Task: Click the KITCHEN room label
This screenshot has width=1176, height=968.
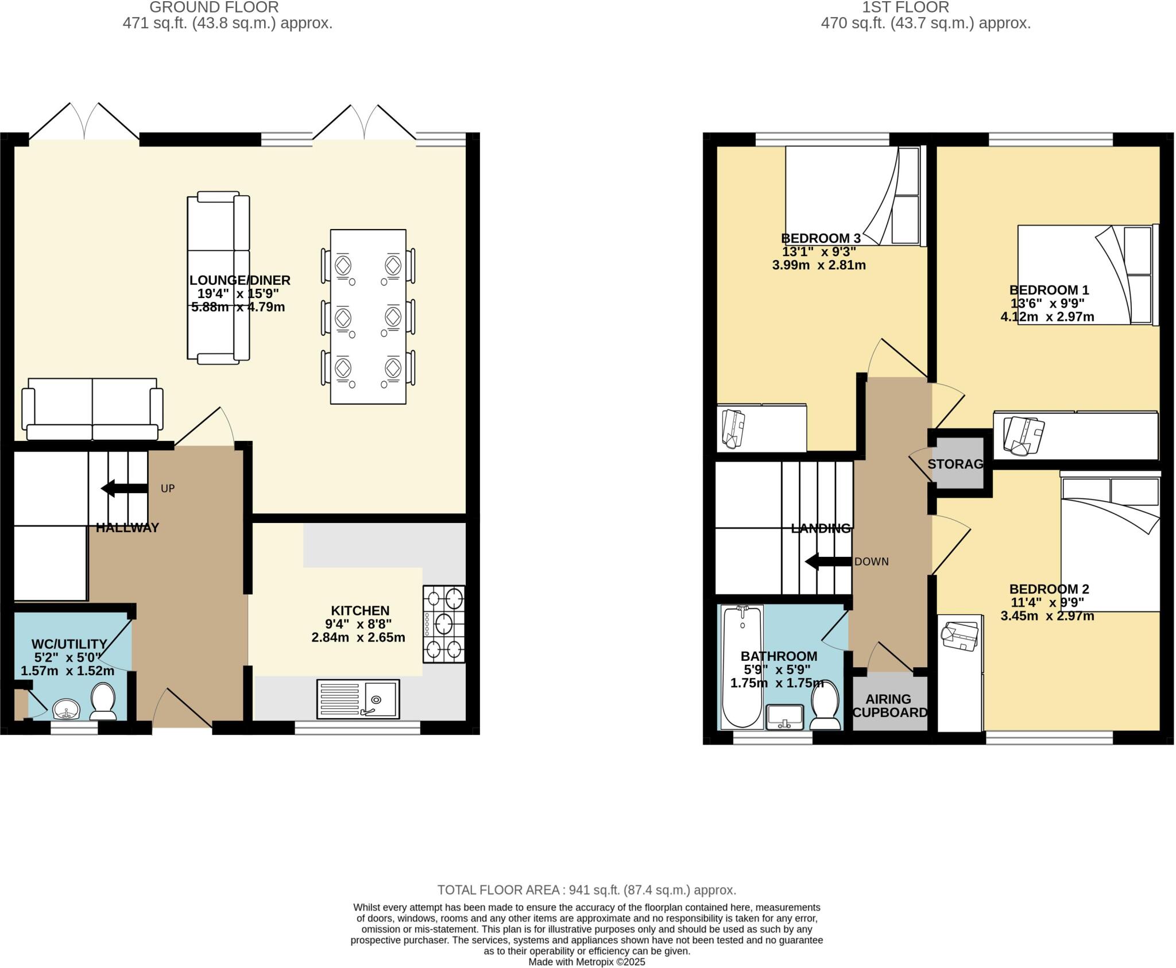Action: [360, 610]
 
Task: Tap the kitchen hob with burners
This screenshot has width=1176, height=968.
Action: [444, 624]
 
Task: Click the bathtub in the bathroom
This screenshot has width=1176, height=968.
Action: [742, 666]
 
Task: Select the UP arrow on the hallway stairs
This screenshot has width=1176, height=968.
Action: [124, 489]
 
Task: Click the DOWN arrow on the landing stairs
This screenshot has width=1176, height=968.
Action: [828, 562]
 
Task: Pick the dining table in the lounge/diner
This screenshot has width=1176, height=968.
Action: [368, 317]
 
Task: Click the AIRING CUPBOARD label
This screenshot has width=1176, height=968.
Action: [889, 706]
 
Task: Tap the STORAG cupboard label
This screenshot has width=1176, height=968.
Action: [955, 464]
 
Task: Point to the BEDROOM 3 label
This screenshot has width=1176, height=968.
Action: [821, 238]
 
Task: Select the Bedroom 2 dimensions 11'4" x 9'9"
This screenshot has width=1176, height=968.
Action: [1047, 603]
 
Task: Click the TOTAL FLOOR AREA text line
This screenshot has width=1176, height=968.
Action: [586, 890]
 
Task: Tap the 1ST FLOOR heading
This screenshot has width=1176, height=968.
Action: [926, 7]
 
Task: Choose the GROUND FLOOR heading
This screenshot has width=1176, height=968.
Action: [214, 7]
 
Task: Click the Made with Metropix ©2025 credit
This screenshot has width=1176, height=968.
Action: [586, 962]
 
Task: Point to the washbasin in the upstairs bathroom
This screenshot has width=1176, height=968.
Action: [784, 717]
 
